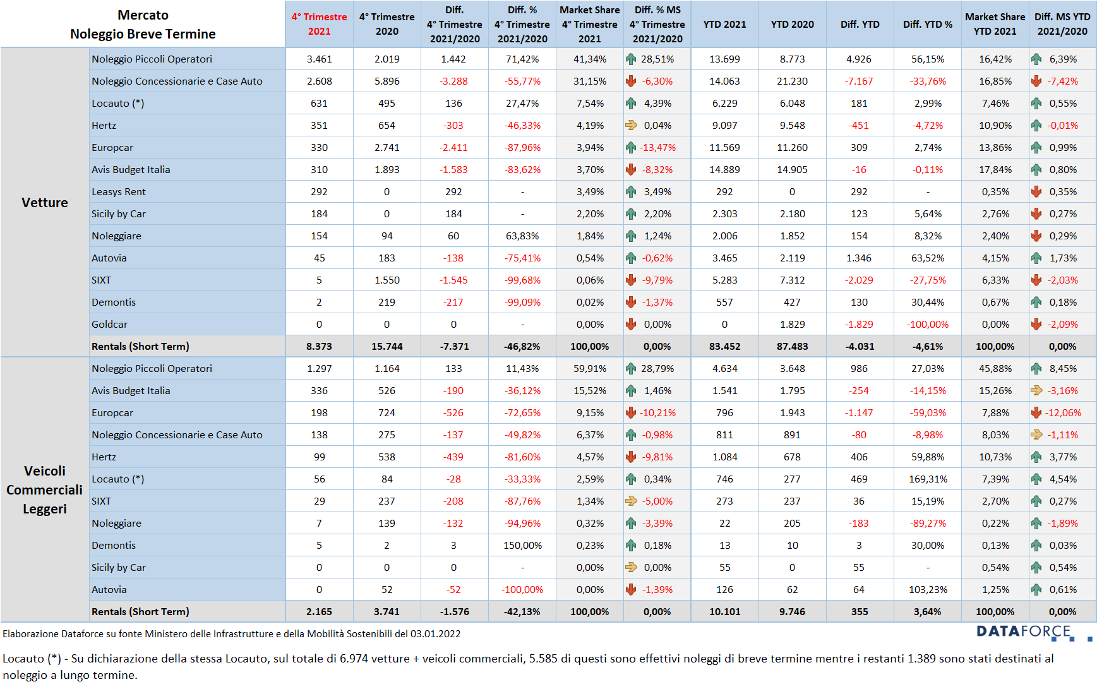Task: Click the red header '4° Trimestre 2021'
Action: (x=319, y=24)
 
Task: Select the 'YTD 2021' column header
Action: (x=724, y=24)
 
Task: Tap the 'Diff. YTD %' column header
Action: (x=927, y=24)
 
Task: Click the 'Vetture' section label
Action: (x=45, y=203)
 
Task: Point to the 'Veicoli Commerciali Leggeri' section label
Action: (x=45, y=489)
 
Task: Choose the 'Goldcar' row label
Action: (x=109, y=324)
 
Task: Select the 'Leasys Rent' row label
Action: (x=119, y=191)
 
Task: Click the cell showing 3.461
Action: (x=319, y=59)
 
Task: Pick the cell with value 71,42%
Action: (x=522, y=59)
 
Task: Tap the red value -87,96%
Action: (x=522, y=147)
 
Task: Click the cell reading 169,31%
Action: (x=928, y=479)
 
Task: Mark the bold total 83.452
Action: (x=724, y=346)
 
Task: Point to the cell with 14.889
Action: (x=724, y=169)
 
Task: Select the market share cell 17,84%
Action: (x=995, y=169)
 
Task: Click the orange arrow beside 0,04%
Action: (x=631, y=125)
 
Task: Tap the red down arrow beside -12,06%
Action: (x=1036, y=412)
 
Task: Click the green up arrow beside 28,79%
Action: (x=631, y=368)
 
